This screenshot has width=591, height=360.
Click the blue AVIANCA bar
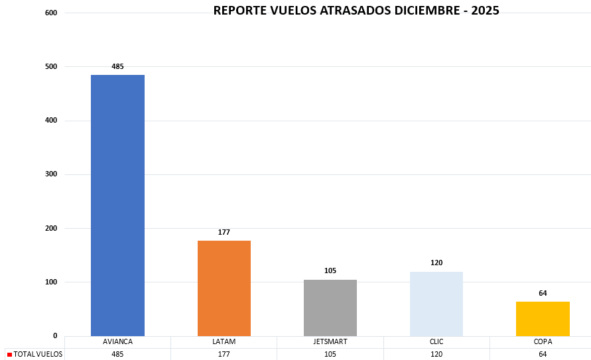117,206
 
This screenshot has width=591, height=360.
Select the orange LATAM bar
224,288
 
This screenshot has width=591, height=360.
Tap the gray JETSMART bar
330,308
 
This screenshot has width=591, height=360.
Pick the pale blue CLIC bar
436,304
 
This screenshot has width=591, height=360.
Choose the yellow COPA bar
543,319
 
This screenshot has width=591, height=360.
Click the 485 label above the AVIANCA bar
117,66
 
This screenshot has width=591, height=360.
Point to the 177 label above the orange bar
224,232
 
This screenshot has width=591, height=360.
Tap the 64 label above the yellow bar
543,293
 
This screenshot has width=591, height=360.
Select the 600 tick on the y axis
51,13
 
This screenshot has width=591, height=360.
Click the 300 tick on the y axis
51,174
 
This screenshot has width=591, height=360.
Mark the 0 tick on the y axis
54,335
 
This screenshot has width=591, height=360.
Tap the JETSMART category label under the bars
330,342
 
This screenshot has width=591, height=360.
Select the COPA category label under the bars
543,342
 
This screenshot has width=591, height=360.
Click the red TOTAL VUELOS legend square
9,355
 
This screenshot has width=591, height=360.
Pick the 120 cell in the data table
436,354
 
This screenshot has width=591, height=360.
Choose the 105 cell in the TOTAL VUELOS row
330,354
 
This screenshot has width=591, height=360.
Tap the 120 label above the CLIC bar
436,263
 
